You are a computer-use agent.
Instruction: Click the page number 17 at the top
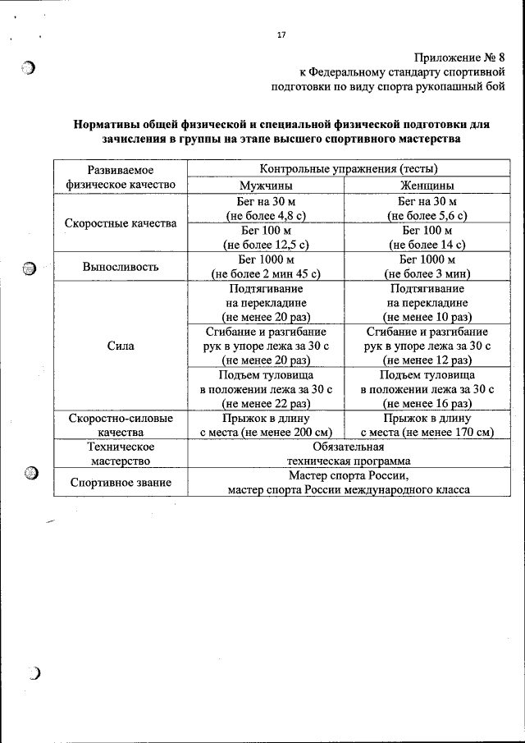[281, 34]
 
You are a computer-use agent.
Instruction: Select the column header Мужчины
[266, 185]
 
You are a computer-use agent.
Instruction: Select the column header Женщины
[427, 185]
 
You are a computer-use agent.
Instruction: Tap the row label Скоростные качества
[121, 223]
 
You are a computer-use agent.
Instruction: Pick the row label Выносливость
[121, 267]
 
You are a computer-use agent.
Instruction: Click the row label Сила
[121, 346]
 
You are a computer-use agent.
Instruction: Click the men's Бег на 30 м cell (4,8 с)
[266, 209]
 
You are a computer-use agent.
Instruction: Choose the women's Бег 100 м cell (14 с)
[427, 237]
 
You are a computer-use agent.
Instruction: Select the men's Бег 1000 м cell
[266, 267]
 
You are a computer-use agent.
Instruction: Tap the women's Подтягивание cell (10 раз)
[427, 303]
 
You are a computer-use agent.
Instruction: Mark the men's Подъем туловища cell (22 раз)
[266, 389]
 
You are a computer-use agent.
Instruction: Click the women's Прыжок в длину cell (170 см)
[427, 424]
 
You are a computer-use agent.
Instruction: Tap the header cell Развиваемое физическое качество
[121, 177]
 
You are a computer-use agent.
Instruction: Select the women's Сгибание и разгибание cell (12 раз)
[427, 346]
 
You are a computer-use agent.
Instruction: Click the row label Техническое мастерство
[121, 453]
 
